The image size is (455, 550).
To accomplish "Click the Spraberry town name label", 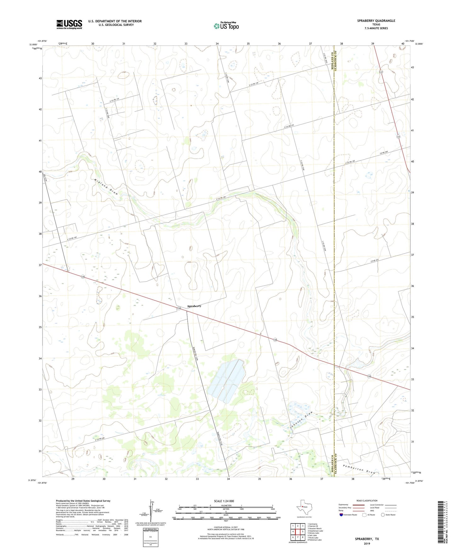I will click(194, 306).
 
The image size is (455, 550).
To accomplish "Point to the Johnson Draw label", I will click(301, 420).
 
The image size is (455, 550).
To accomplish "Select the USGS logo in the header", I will click(69, 24).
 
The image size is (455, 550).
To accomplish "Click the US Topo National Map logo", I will click(226, 26).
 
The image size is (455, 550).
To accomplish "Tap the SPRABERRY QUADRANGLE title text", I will click(376, 21).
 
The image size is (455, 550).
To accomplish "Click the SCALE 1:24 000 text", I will click(224, 501).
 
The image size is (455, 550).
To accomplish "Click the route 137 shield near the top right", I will click(381, 72).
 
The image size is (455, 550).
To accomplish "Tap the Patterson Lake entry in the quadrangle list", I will click(315, 540).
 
